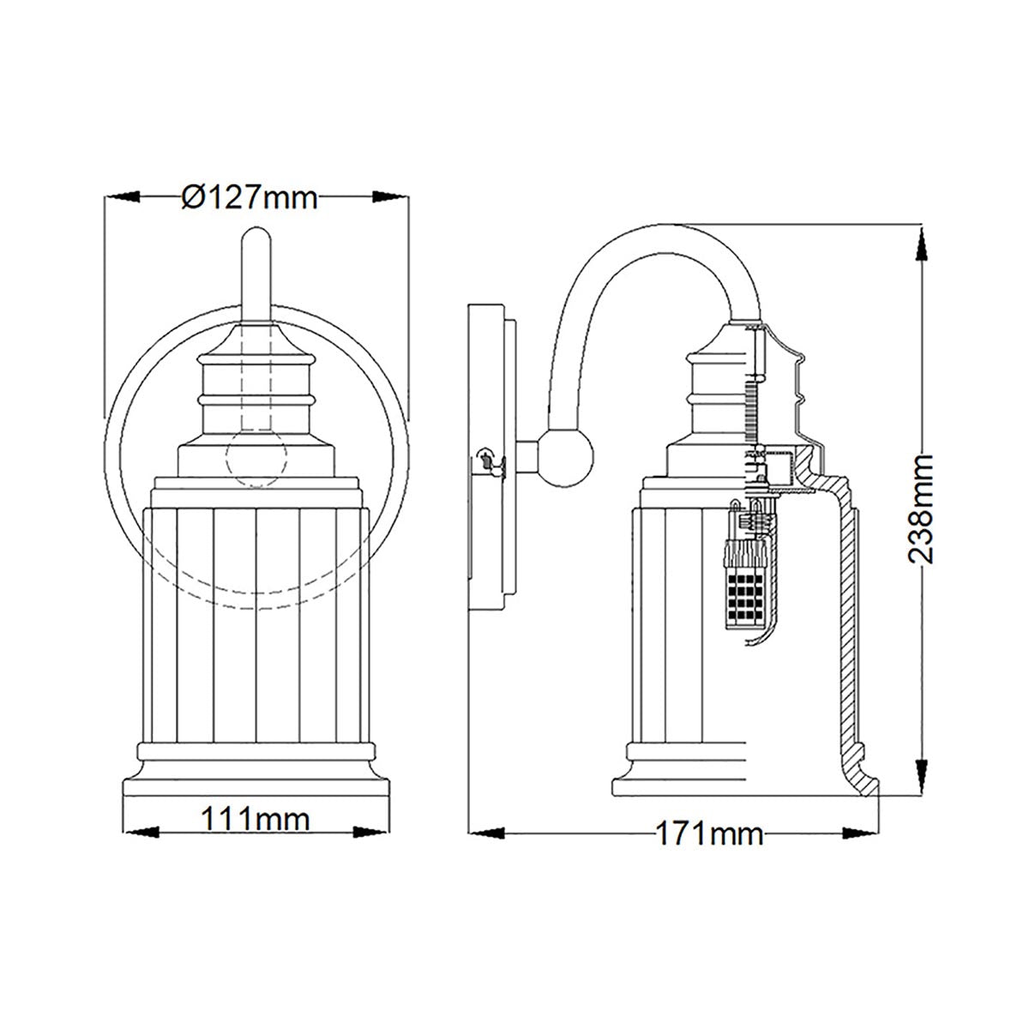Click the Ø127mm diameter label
click(250, 198)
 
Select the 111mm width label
click(255, 819)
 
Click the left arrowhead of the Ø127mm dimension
click(121, 197)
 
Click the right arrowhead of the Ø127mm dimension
click(392, 197)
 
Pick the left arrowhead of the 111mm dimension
click(142, 832)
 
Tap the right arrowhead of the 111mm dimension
click(370, 832)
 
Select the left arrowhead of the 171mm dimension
click(485, 832)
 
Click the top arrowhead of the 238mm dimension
click(921, 242)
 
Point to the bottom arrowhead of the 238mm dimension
click(921, 779)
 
